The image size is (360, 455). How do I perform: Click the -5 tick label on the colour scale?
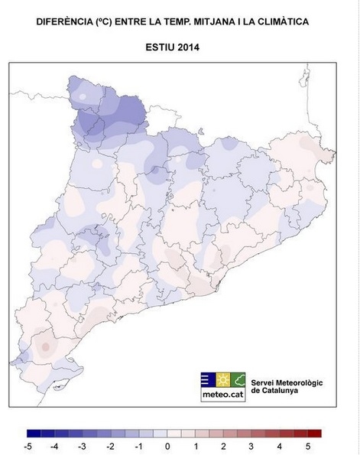27,445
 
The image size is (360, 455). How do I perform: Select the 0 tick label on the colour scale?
167,445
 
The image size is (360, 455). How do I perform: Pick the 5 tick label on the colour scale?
308,445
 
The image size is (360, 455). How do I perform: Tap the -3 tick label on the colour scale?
83,445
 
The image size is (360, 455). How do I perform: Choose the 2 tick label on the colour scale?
224,445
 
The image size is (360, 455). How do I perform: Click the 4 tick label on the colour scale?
280,445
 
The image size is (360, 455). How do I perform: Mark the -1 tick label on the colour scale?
139,445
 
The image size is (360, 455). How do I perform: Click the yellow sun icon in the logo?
222,379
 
